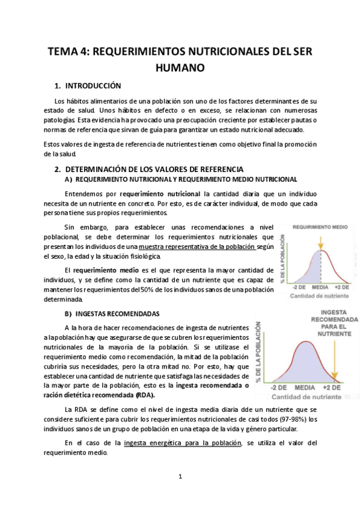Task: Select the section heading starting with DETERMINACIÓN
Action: click(x=154, y=170)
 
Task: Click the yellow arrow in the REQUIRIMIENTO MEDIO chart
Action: click(x=322, y=242)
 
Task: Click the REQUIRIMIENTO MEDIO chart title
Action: click(x=319, y=228)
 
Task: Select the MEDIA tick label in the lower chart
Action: click(x=305, y=388)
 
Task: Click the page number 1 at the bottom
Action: click(x=180, y=476)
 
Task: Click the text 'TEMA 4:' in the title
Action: click(x=68, y=51)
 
